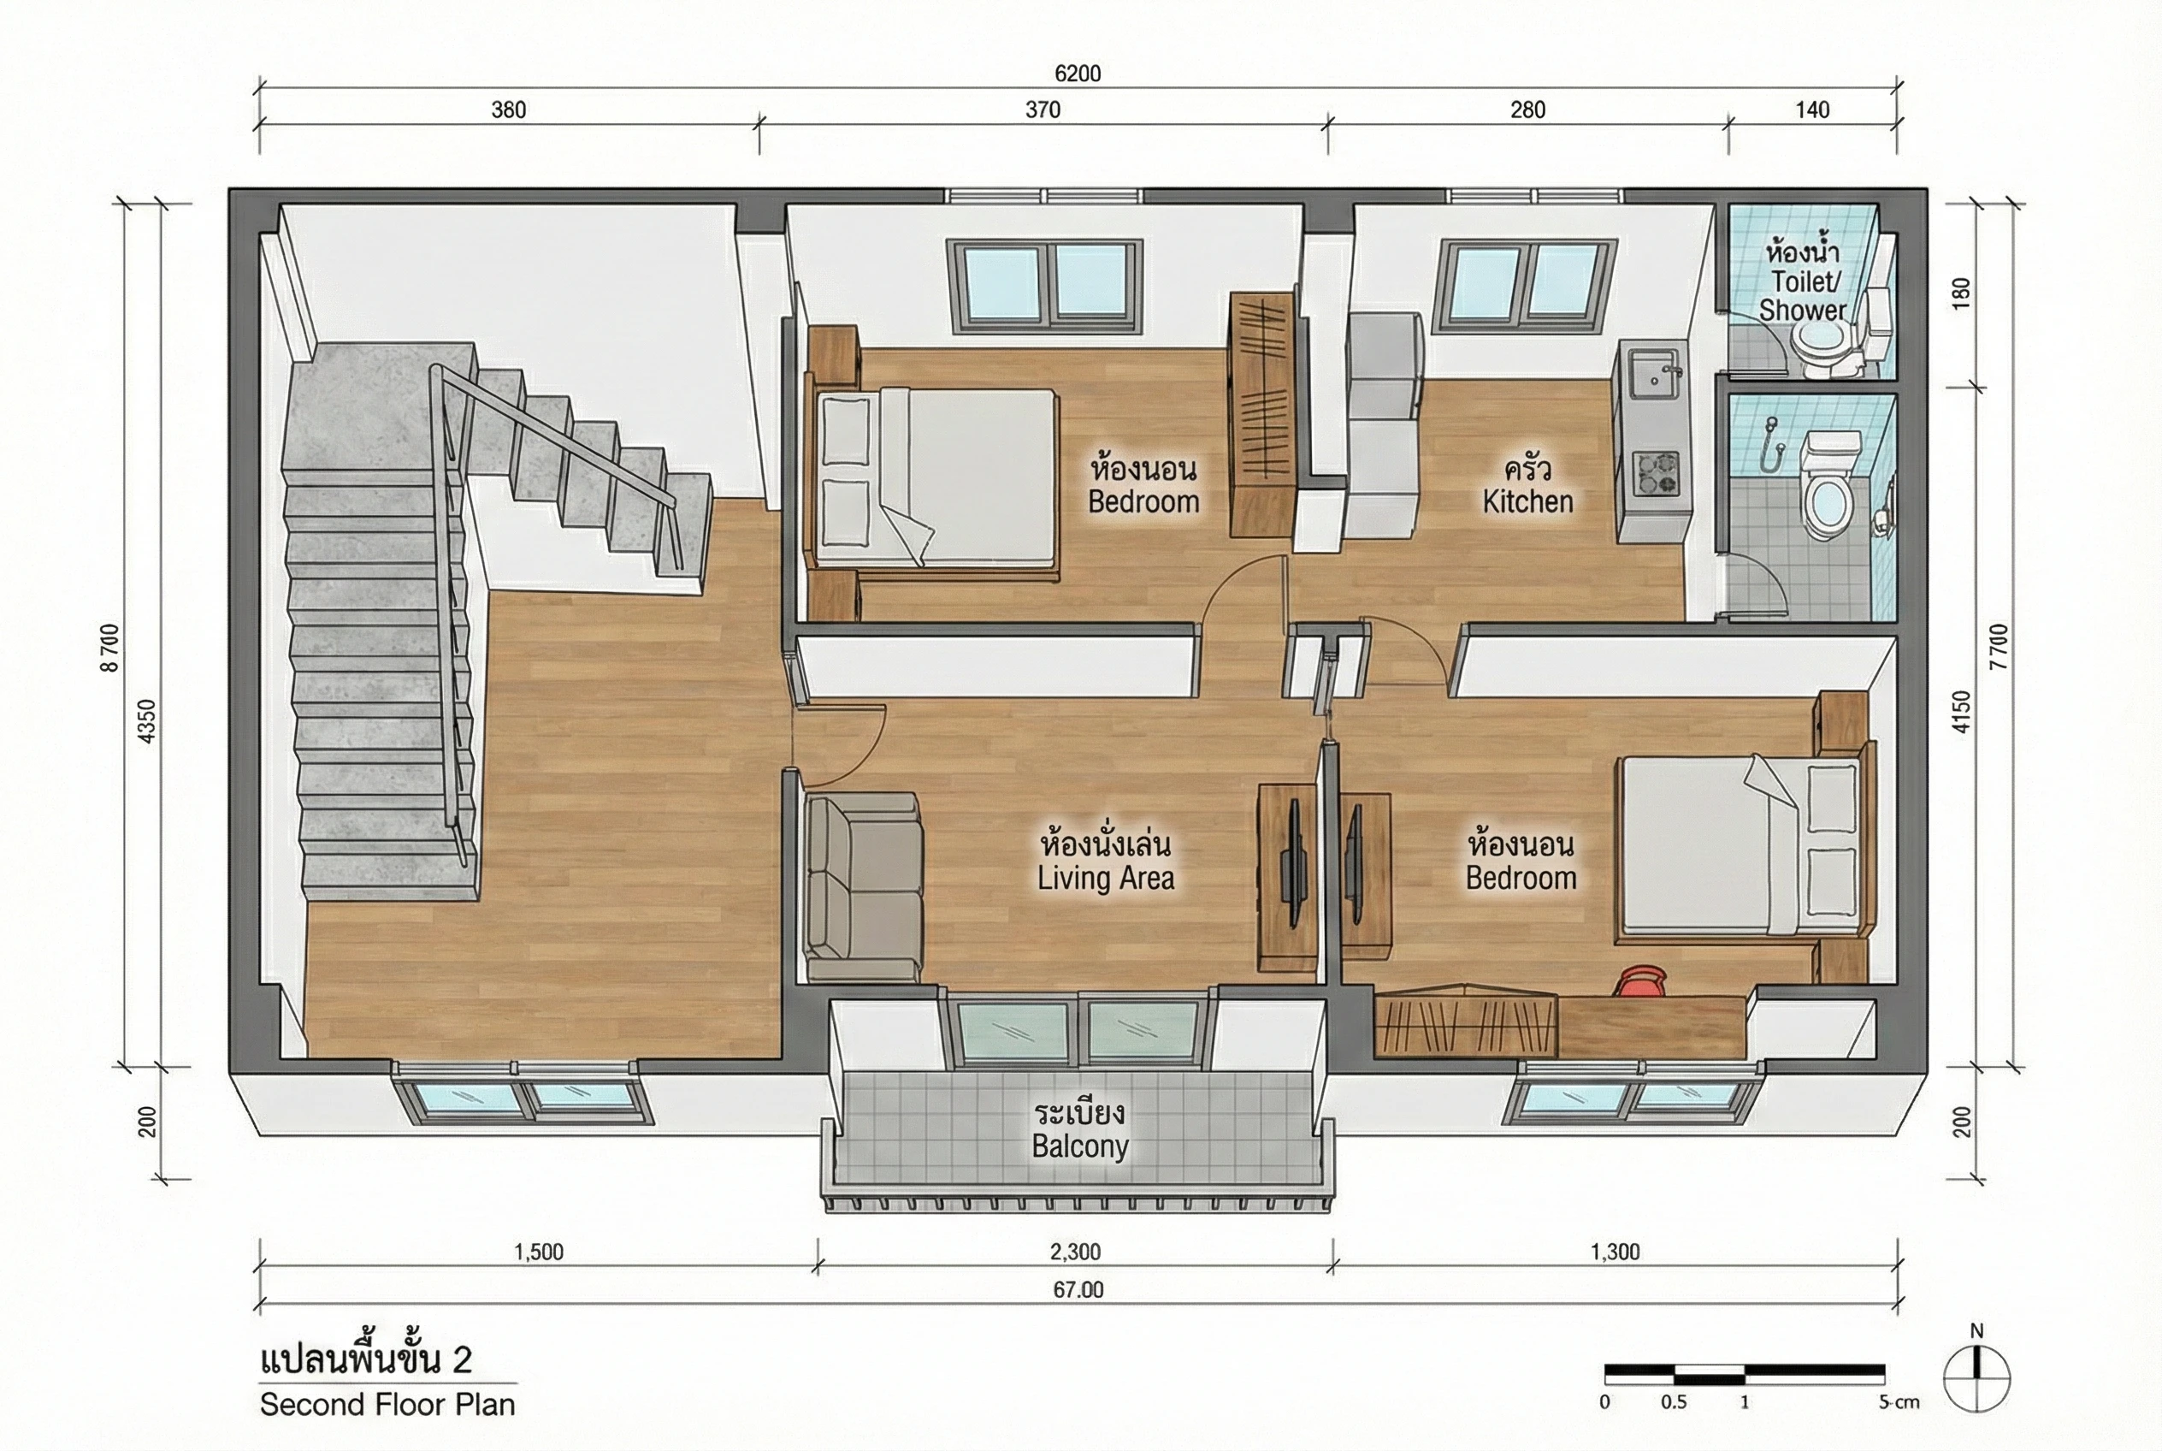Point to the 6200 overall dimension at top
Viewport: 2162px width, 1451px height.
tap(1078, 73)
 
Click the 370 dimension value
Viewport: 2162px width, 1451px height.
tap(1043, 110)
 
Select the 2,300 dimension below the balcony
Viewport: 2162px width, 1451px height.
tap(1075, 1252)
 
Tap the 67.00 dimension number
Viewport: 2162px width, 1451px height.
tap(1078, 1290)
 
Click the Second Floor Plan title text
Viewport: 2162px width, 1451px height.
tap(387, 1405)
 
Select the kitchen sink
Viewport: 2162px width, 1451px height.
tap(1652, 374)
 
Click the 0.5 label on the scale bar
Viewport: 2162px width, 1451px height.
tap(1673, 1402)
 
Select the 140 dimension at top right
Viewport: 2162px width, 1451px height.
tap(1812, 110)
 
